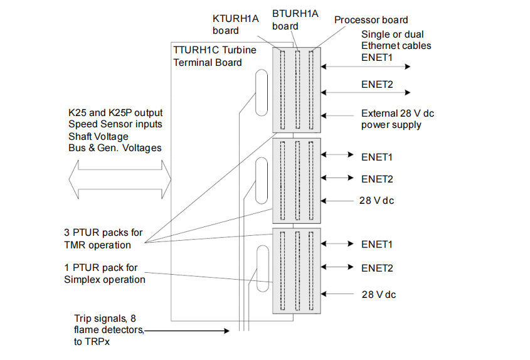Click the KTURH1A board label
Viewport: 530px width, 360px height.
tap(235, 24)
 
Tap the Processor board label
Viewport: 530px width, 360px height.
tap(371, 20)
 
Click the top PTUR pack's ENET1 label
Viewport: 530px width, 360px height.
tap(376, 57)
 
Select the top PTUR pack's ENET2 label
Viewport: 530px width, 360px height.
tap(377, 85)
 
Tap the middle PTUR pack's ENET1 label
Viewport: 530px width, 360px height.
tap(377, 156)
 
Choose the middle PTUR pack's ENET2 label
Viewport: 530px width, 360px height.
tap(377, 179)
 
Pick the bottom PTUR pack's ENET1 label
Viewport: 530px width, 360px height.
tap(377, 244)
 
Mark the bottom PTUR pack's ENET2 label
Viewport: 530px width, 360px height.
tap(377, 268)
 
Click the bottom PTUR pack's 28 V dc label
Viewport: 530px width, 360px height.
tap(378, 294)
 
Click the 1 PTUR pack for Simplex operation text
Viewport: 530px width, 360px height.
tap(105, 273)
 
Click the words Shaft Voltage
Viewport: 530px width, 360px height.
tap(98, 136)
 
